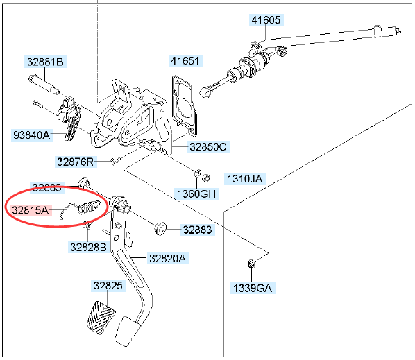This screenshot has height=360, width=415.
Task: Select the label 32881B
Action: click(x=46, y=62)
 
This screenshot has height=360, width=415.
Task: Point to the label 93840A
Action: click(x=32, y=135)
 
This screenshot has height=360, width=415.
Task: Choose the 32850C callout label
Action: click(x=209, y=146)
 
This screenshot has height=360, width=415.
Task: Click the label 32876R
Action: click(x=75, y=162)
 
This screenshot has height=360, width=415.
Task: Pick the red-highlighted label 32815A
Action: click(x=30, y=208)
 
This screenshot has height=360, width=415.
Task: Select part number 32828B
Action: click(x=88, y=246)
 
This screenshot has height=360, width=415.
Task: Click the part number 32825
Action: click(x=108, y=285)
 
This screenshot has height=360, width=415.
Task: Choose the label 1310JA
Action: click(x=244, y=178)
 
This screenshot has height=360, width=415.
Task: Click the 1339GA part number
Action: click(x=251, y=286)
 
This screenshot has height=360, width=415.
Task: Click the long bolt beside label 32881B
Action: click(x=46, y=85)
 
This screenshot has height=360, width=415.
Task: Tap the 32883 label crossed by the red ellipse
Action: click(x=47, y=187)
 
